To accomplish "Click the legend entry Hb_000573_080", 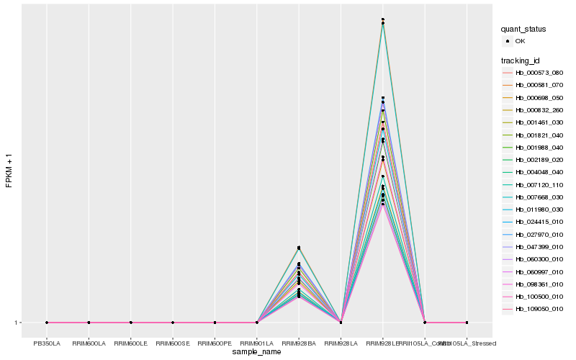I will tap(539, 73).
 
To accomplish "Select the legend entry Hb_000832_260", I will tap(539, 110).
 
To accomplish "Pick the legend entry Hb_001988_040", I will tap(539, 148).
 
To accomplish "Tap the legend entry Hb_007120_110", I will tap(539, 185).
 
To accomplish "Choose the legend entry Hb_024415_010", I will tap(539, 222).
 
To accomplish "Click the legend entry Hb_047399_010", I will tap(539, 247).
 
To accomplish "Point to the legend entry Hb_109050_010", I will tap(539, 309).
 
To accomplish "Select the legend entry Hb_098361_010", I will tap(539, 284).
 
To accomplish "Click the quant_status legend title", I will tap(523, 29).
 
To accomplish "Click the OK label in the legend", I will tap(520, 41).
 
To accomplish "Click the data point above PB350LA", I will tap(47, 323).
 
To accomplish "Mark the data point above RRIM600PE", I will tap(215, 323).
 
